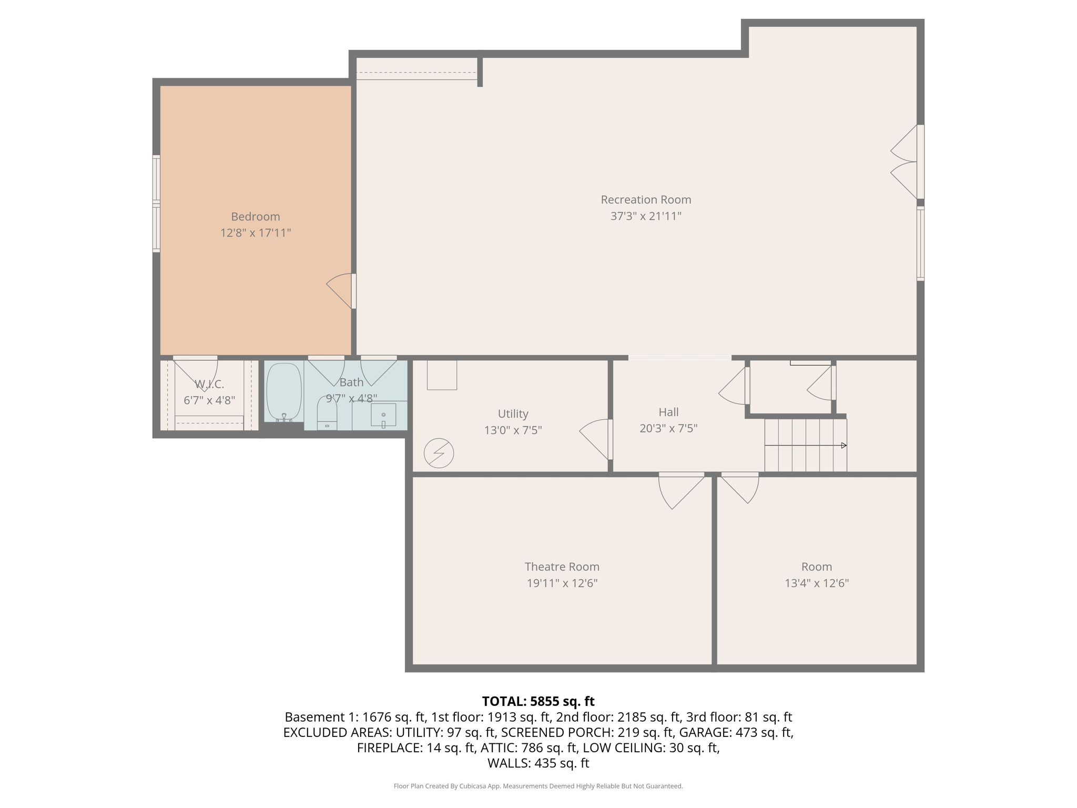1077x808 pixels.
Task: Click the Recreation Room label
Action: click(645, 200)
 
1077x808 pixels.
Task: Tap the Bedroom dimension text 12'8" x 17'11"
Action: click(256, 233)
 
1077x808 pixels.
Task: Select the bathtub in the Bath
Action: click(284, 391)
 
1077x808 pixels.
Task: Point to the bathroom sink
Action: click(383, 415)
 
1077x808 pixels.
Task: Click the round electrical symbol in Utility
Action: click(439, 453)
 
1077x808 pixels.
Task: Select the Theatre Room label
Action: click(562, 567)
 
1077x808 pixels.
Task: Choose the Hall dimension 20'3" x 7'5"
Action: click(668, 428)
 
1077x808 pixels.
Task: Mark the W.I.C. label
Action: click(209, 384)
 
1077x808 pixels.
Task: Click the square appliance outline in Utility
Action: click(442, 375)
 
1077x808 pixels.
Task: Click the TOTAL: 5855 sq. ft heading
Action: click(538, 701)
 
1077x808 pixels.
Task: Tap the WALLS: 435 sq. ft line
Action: click(538, 763)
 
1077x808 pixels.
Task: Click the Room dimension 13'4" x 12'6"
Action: click(816, 583)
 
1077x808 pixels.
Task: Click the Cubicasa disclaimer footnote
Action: click(538, 786)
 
